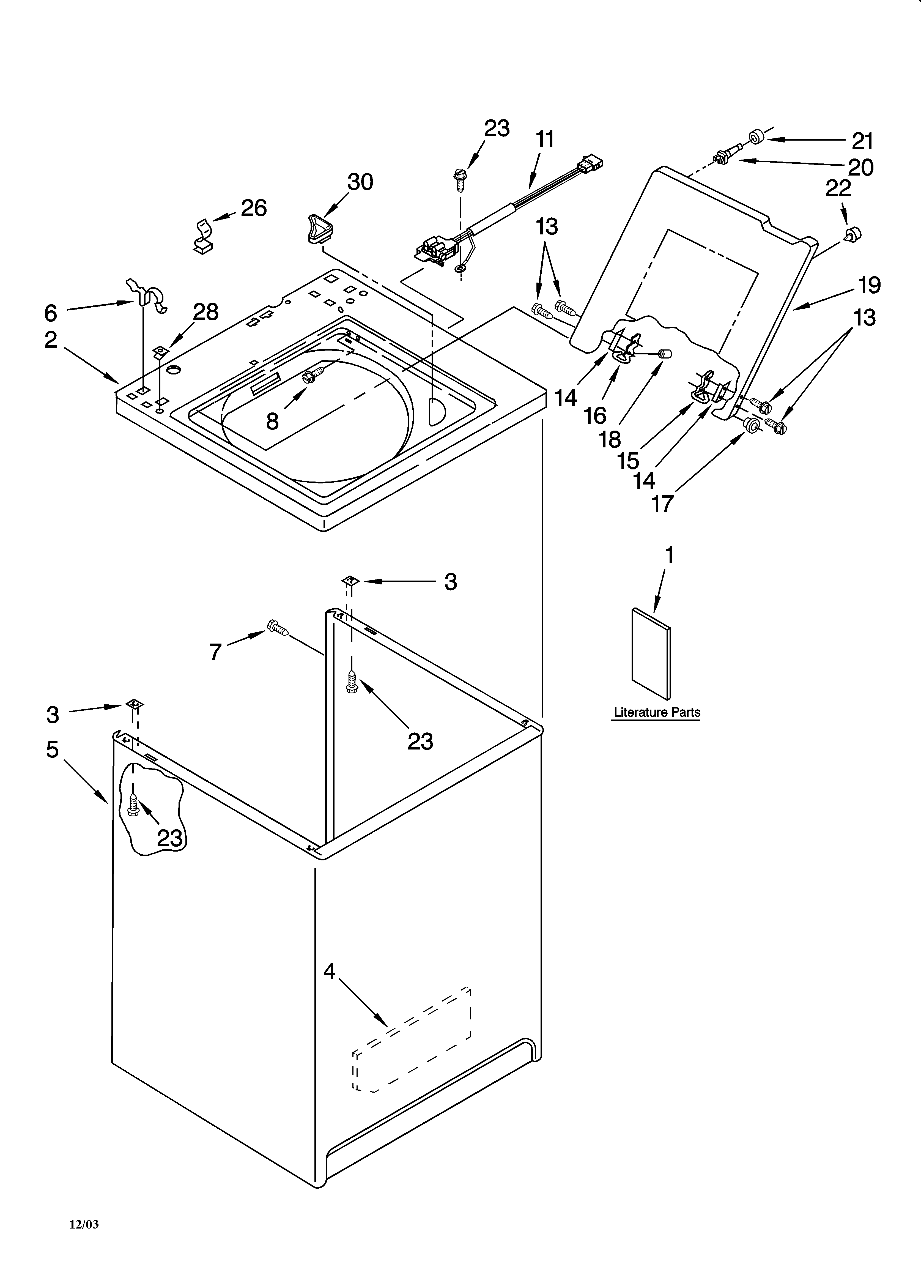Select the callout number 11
(545, 138)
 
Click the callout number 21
(863, 141)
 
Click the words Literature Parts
(657, 712)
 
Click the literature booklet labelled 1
(651, 653)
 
